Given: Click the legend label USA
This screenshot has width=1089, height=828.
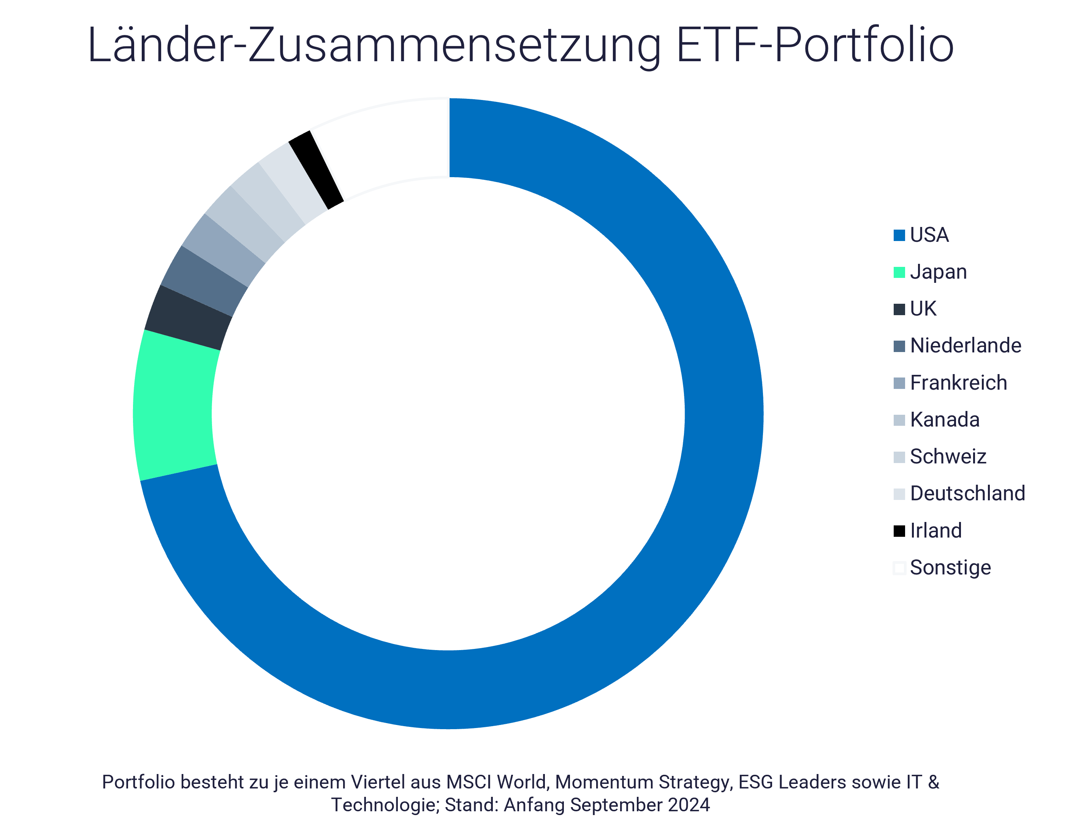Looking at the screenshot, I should (x=929, y=235).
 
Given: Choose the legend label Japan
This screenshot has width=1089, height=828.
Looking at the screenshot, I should (x=938, y=272).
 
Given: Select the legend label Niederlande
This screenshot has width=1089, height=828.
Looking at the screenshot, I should (x=966, y=346).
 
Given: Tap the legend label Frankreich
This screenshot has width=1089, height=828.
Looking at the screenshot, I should (x=958, y=383).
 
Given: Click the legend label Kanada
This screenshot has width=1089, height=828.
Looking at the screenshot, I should (x=945, y=420).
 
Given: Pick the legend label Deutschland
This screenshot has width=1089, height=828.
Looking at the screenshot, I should (x=967, y=493).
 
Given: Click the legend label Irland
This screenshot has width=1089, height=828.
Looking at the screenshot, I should (x=936, y=531).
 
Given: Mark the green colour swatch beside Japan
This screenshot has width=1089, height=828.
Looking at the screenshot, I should (x=899, y=273).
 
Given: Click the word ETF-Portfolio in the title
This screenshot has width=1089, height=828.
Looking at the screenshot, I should (x=815, y=45).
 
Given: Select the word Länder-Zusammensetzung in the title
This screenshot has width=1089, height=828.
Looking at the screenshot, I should (x=374, y=45).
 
